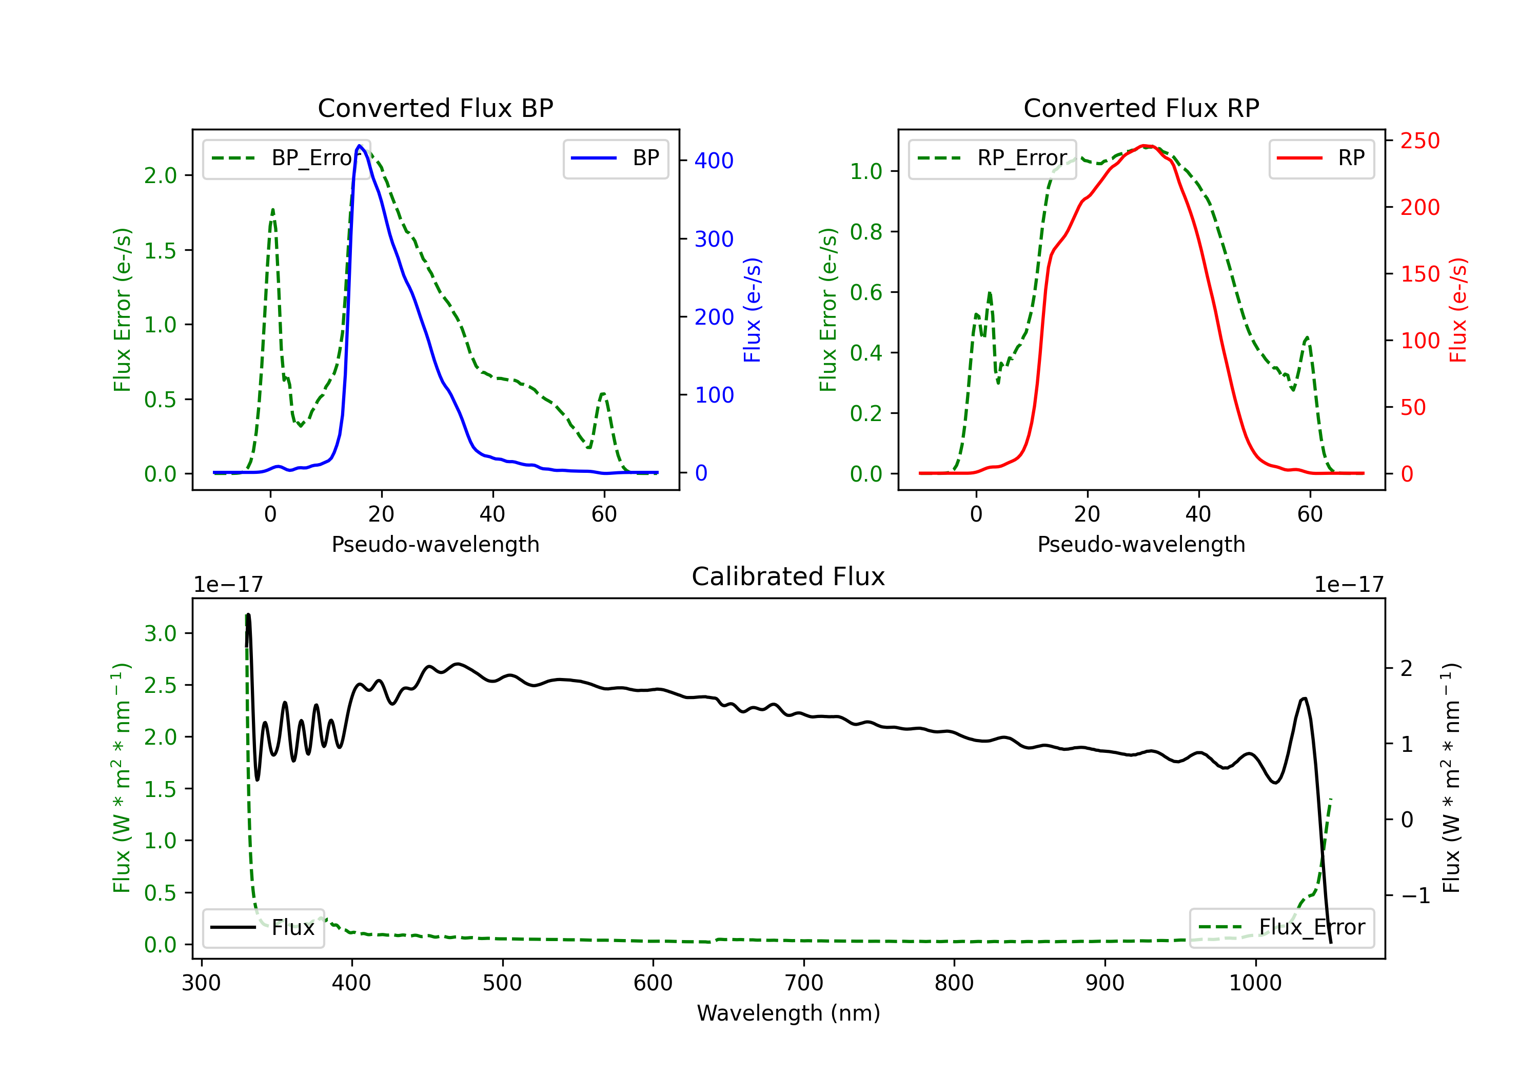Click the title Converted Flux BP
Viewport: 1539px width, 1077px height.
[436, 108]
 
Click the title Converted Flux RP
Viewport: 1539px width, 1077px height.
[1141, 108]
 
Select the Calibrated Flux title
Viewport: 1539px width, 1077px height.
[788, 576]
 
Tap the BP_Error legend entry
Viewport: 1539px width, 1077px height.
[286, 158]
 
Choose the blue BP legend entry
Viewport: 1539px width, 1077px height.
[615, 158]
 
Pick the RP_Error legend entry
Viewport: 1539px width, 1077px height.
[992, 158]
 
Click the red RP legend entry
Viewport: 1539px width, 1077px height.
[1321, 158]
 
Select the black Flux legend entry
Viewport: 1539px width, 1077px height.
[263, 928]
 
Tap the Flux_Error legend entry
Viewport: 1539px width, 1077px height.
[1281, 928]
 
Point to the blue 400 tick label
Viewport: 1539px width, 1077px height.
[714, 161]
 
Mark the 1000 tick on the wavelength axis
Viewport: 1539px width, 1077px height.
[1255, 983]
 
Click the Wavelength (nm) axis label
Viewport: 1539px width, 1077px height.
[788, 1013]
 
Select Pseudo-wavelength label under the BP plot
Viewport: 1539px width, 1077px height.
[436, 544]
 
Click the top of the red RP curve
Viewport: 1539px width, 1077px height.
[1145, 146]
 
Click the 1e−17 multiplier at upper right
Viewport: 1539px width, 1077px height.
[1349, 585]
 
